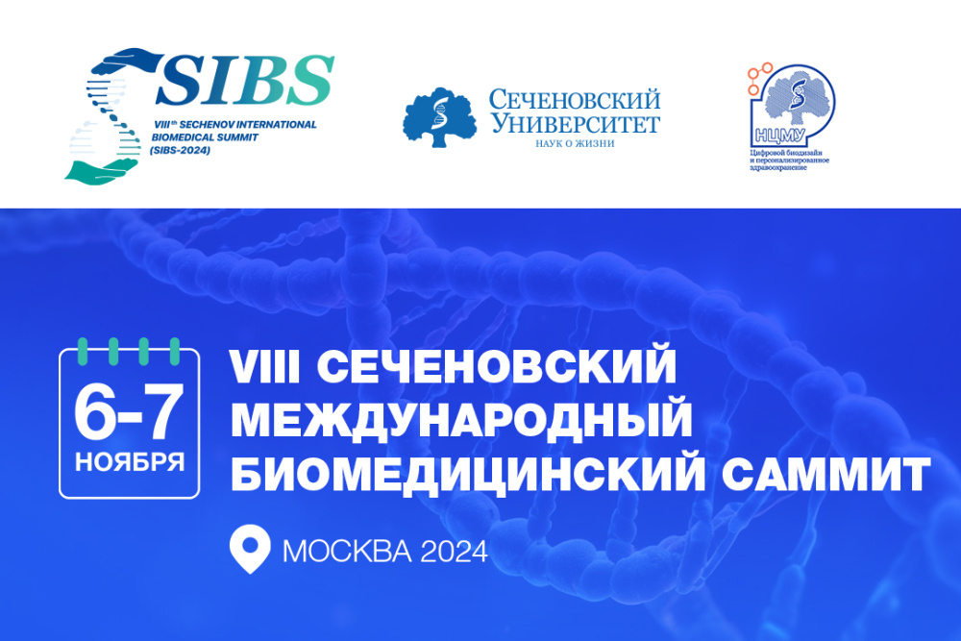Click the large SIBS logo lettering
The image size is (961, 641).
click(247, 81)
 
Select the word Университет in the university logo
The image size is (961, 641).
click(576, 123)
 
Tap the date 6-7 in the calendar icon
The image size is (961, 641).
click(129, 413)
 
